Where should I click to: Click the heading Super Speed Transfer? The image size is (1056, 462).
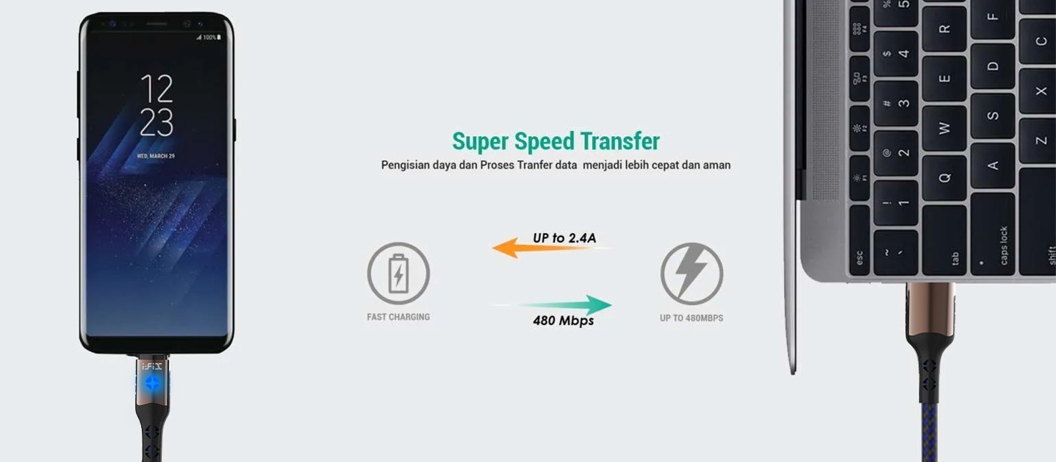point(556,141)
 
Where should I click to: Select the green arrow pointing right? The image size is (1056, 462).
point(552,305)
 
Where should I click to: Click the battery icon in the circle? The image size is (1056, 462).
point(399,273)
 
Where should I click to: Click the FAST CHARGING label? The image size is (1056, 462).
point(399,317)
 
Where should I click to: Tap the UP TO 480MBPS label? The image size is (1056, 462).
point(692,318)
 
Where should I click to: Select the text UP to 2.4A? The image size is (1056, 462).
point(564,238)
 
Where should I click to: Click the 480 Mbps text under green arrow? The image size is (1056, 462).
point(564,321)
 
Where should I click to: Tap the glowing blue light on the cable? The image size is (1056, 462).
point(152,383)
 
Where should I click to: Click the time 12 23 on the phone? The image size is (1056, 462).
point(157,105)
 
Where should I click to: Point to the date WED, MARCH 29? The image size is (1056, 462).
point(156,156)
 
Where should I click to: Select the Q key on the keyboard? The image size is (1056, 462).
point(944,178)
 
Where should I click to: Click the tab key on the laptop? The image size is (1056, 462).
point(944,240)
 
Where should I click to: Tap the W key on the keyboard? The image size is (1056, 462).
point(944,128)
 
